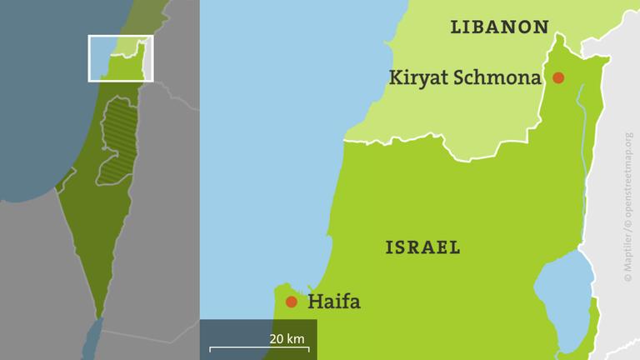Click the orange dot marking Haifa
(291, 302)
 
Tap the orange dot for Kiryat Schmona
(558, 77)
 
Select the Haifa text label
(334, 302)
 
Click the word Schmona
(501, 77)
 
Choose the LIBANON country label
(499, 27)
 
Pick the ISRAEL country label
(423, 247)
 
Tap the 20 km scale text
(287, 338)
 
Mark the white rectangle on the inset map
(121, 57)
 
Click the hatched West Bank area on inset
(118, 142)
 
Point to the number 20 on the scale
(277, 338)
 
